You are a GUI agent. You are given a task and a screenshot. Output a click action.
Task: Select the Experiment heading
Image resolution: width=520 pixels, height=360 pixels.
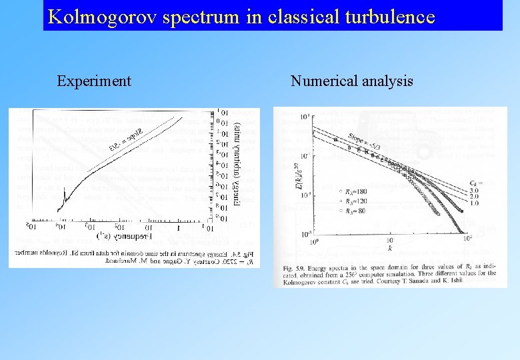(94, 81)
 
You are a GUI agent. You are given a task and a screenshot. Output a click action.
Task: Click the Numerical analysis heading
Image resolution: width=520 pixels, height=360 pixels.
(351, 81)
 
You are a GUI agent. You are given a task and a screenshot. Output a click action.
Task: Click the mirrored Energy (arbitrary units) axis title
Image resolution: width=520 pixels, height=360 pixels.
(237, 164)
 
